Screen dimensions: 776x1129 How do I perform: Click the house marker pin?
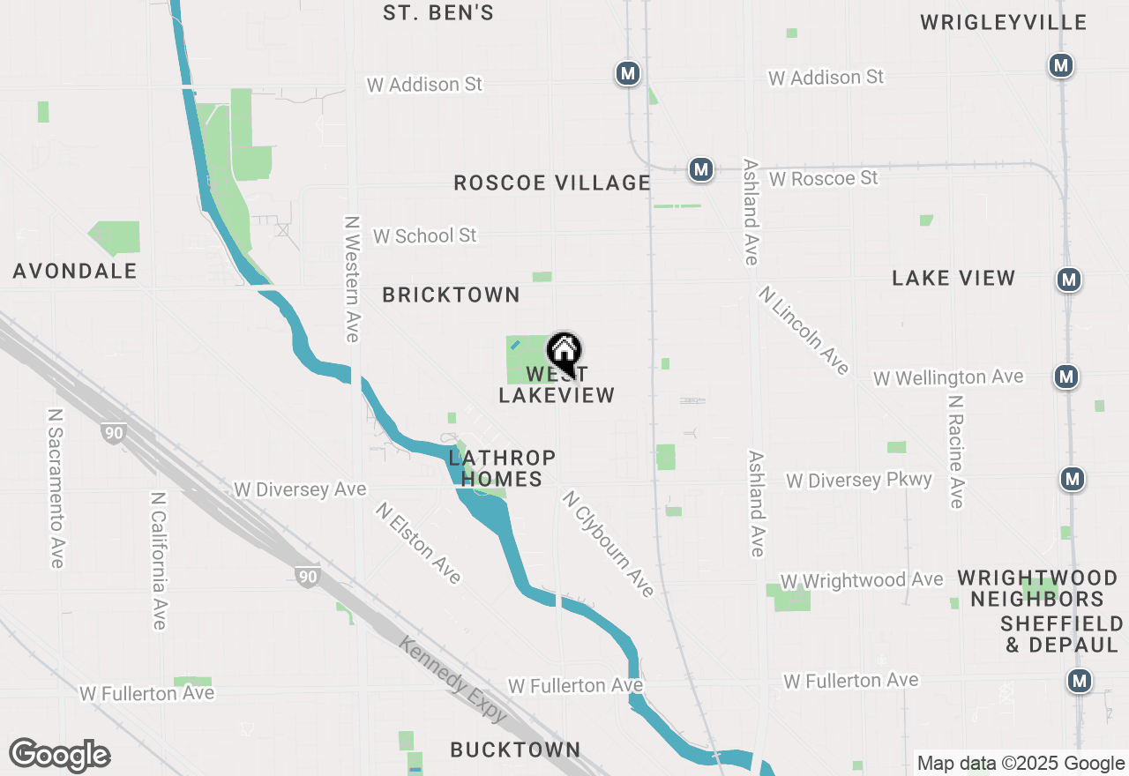click(564, 354)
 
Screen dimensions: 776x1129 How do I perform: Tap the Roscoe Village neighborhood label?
click(552, 183)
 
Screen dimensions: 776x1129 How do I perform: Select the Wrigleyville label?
click(1004, 22)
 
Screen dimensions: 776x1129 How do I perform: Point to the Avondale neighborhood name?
click(75, 271)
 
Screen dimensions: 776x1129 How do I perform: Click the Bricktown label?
click(451, 295)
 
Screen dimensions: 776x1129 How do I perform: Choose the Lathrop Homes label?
click(502, 468)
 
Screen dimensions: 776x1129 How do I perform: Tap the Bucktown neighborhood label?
click(515, 750)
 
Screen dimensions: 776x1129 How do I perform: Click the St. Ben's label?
click(438, 13)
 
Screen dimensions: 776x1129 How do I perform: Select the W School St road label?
click(424, 235)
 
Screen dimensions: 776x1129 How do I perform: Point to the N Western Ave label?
click(353, 279)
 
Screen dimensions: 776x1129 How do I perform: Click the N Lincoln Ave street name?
click(804, 330)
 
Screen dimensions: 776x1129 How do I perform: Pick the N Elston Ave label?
click(418, 542)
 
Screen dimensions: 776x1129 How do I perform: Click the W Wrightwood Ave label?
click(861, 580)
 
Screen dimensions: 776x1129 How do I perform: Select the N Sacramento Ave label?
click(56, 487)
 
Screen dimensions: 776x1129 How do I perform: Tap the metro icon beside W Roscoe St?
click(701, 168)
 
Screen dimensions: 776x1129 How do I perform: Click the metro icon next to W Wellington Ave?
click(1067, 377)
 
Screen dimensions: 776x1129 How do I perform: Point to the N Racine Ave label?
click(955, 451)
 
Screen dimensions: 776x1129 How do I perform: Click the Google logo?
click(60, 756)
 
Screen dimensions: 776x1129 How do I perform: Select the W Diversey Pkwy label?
click(858, 480)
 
